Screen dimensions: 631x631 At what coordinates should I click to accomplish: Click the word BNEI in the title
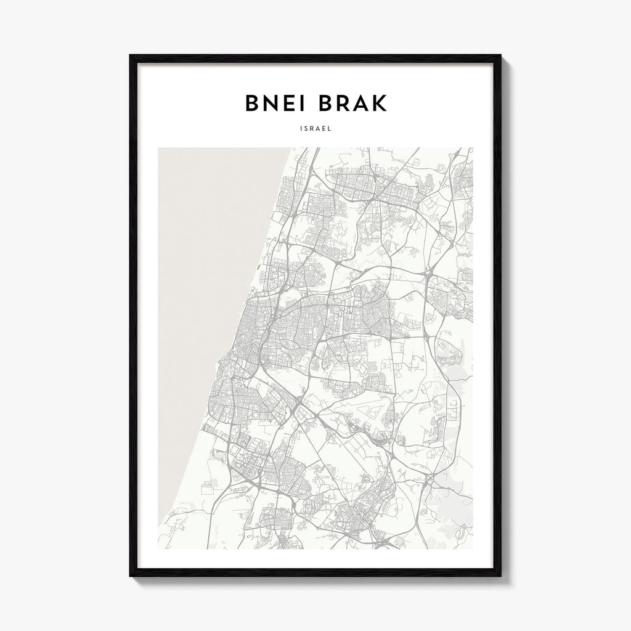tap(278, 104)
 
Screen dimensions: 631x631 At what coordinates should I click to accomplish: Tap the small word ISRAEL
tap(315, 129)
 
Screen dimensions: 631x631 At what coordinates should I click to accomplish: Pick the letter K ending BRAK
tap(380, 104)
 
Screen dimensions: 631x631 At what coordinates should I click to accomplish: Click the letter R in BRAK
tap(344, 104)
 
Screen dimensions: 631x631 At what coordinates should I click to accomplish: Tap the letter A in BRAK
tap(362, 104)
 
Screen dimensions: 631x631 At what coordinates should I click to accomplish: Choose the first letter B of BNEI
tap(253, 104)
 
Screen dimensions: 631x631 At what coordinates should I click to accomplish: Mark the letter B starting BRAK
tap(327, 104)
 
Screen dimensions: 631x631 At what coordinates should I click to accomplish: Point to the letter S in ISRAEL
tap(304, 129)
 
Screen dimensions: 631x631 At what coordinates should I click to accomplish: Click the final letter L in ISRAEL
tap(331, 129)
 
